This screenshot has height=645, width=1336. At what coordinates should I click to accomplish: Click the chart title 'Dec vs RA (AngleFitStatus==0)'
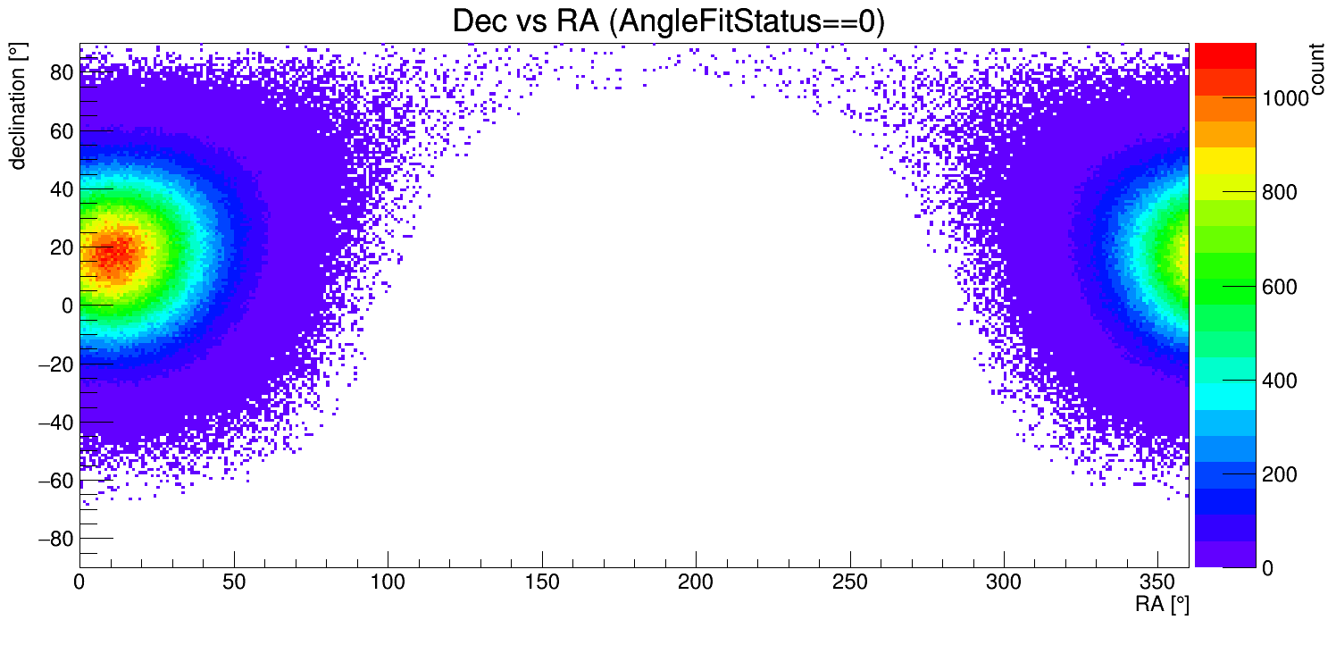coord(668,22)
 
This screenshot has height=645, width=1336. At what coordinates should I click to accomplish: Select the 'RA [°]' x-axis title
coord(1162,605)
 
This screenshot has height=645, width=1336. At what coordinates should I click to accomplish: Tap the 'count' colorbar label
coord(1317,71)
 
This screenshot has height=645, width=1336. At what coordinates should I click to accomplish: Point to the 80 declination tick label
coord(60,72)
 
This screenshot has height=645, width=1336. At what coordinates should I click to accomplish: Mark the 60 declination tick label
coord(60,130)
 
